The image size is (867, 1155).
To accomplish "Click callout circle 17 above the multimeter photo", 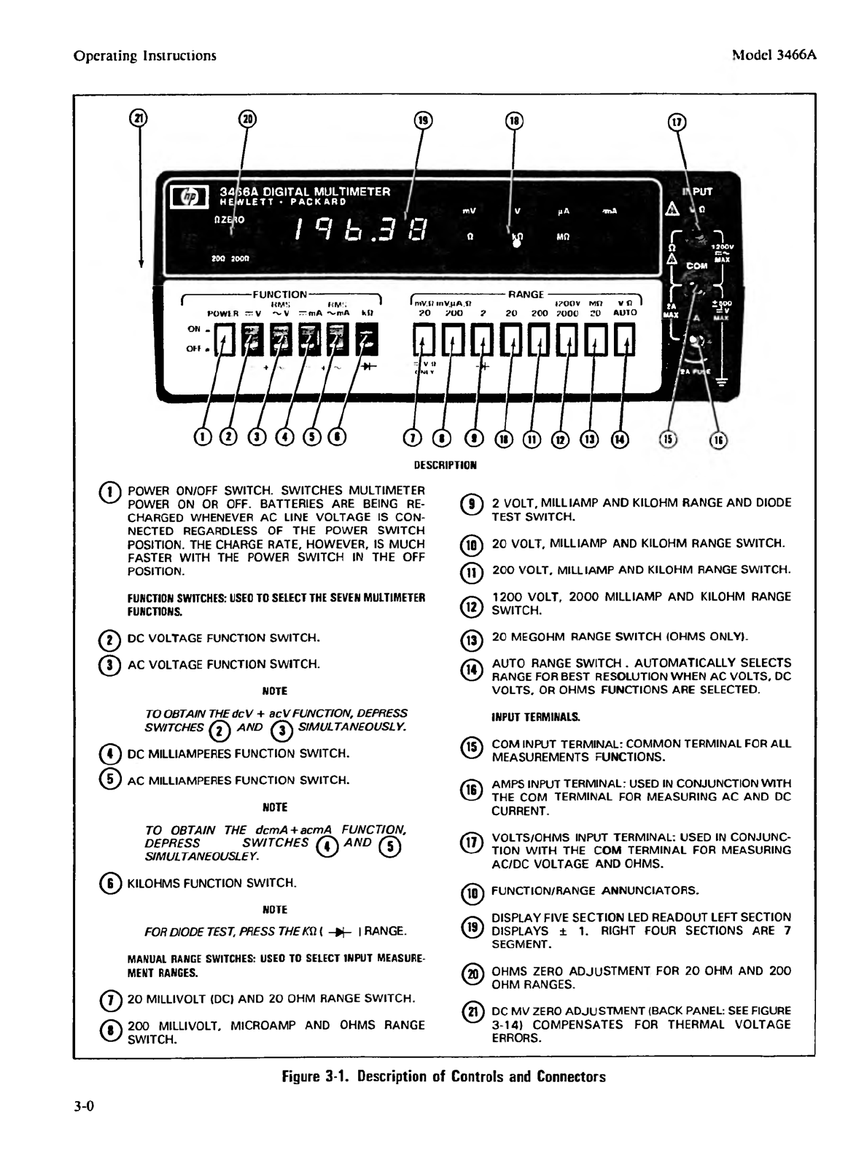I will (677, 122).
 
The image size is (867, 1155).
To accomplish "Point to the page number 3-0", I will (85, 1106).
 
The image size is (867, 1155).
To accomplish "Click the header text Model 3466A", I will (773, 55).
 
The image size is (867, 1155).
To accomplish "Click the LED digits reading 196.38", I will (359, 232).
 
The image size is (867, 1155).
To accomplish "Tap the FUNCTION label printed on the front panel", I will (279, 295).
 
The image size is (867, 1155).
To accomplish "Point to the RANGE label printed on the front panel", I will (526, 295).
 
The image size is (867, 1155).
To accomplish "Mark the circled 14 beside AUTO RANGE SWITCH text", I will (473, 669).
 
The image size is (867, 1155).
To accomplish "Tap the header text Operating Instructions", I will (145, 55).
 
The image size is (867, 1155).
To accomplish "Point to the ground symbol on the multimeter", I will (723, 381).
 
